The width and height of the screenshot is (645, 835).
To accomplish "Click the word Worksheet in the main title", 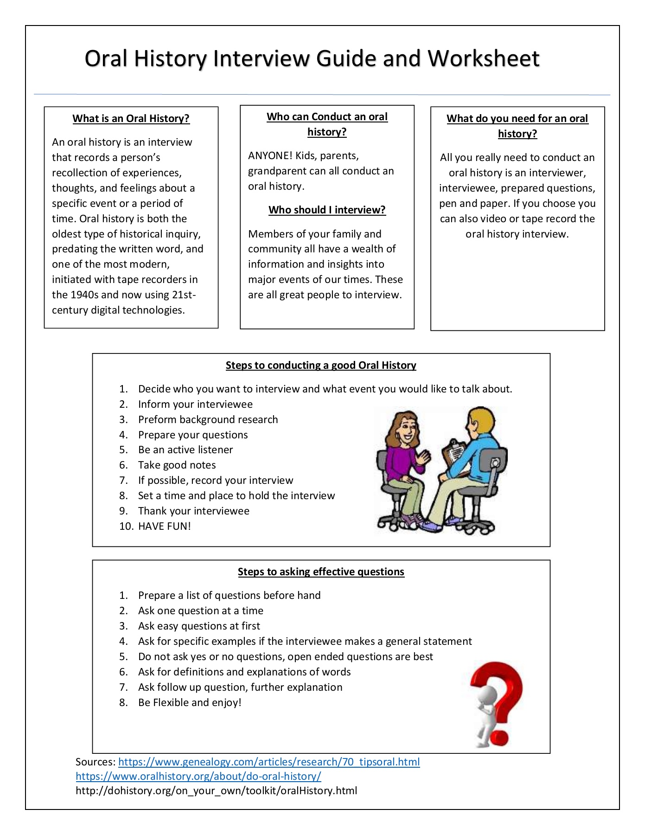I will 483,59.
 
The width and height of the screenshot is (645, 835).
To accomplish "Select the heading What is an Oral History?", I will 131,119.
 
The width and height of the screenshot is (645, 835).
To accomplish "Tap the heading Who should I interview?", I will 327,210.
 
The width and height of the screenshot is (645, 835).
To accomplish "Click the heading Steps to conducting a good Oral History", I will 321,366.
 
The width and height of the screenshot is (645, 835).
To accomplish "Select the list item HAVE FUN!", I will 164,527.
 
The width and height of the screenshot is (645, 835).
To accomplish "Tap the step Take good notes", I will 177,465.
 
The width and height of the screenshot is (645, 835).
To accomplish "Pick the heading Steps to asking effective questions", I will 321,572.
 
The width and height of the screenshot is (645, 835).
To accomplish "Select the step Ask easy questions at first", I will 199,626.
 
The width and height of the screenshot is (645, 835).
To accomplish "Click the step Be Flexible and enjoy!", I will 190,703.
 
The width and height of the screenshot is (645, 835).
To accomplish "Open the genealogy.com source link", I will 269,762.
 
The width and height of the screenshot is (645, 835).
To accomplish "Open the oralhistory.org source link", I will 198,777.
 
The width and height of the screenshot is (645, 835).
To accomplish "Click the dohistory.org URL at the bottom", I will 216,791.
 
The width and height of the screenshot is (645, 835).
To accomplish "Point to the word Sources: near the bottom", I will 96,762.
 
